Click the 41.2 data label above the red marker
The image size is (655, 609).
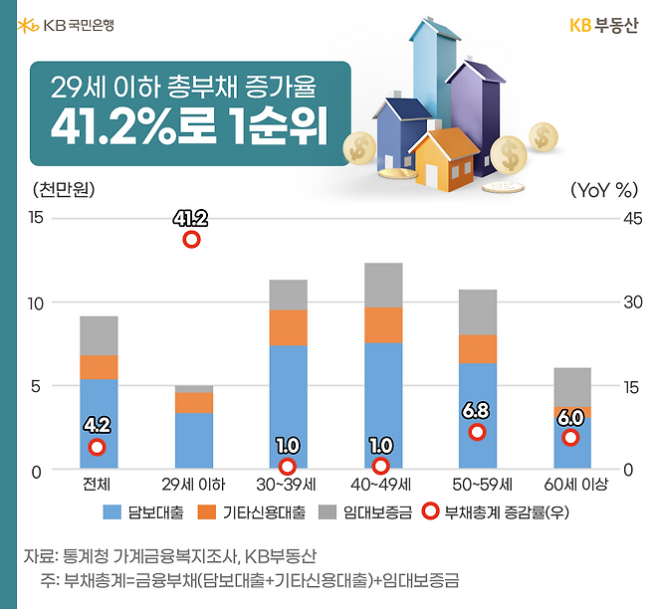190,218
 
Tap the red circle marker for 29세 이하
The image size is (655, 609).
191,239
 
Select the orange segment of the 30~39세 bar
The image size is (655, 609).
288,327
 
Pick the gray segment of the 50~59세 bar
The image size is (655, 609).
478,311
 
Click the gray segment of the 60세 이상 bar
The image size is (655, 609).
572,387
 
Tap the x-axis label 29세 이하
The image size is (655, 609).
193,486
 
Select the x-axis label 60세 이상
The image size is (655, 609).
573,486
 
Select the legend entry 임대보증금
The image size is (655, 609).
365,513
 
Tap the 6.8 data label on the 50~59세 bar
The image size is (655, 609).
478,410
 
